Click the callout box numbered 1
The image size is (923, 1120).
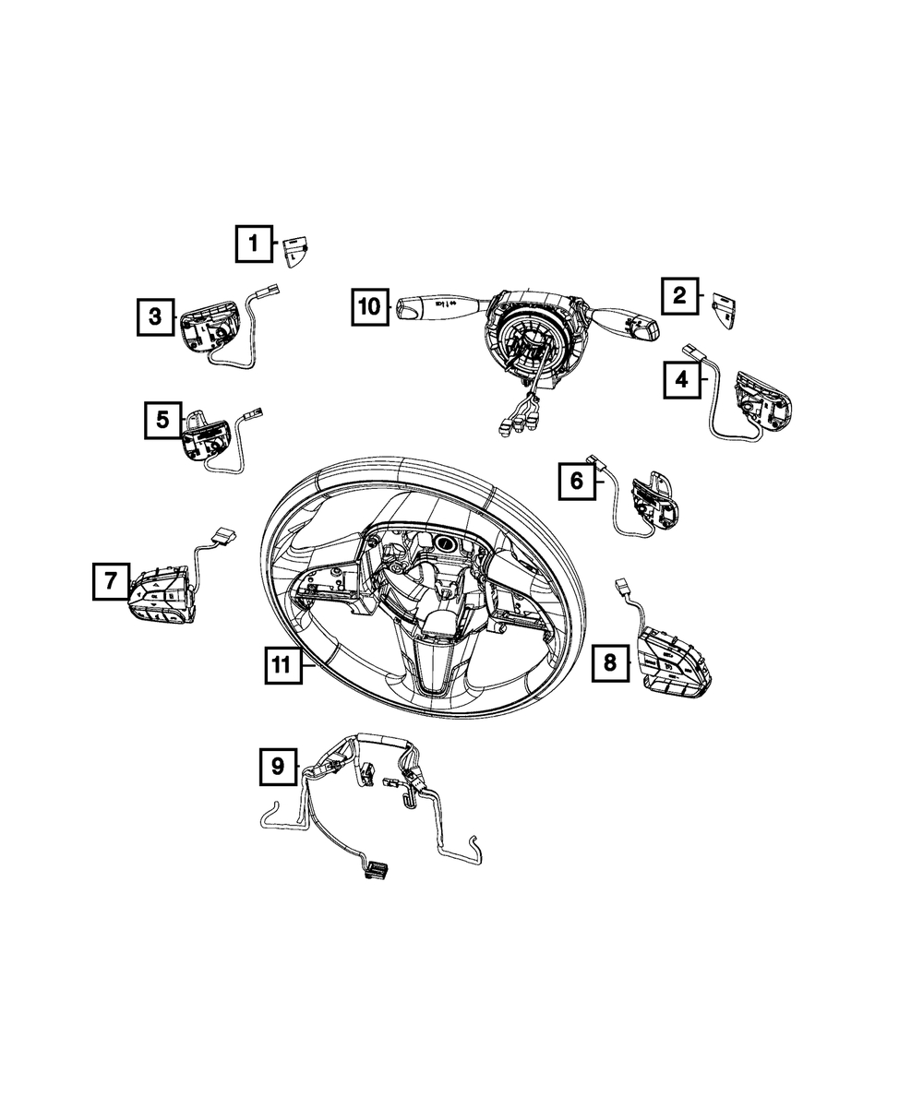[254, 244]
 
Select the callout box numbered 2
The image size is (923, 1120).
[680, 295]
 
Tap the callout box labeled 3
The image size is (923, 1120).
[156, 317]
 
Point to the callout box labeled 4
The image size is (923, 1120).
[682, 380]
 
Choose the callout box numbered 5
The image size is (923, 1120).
[163, 420]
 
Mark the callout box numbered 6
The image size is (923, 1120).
[577, 482]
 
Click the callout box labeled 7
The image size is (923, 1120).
[111, 581]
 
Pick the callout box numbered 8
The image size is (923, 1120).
[611, 663]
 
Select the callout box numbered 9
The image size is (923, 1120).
[278, 767]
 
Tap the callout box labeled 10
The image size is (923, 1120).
[370, 307]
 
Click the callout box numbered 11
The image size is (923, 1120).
[283, 665]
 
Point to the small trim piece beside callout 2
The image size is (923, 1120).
[724, 311]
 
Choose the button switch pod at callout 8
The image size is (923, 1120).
[674, 662]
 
